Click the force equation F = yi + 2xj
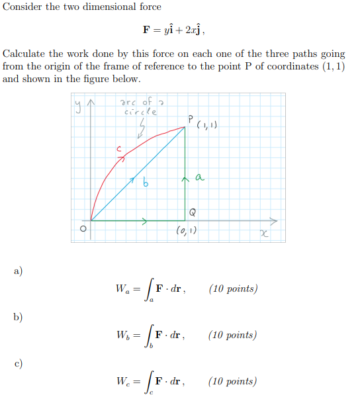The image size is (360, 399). tap(179, 30)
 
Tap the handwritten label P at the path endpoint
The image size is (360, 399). tap(190, 119)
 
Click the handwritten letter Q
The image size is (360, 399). tap(193, 212)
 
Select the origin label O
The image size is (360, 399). tap(83, 229)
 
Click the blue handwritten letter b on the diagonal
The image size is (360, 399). tap(145, 183)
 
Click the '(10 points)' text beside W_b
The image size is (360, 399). tap(232, 335)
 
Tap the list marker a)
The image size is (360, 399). tap(18, 270)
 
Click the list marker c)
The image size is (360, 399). tap(18, 363)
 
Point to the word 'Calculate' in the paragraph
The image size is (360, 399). tap(24, 54)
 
